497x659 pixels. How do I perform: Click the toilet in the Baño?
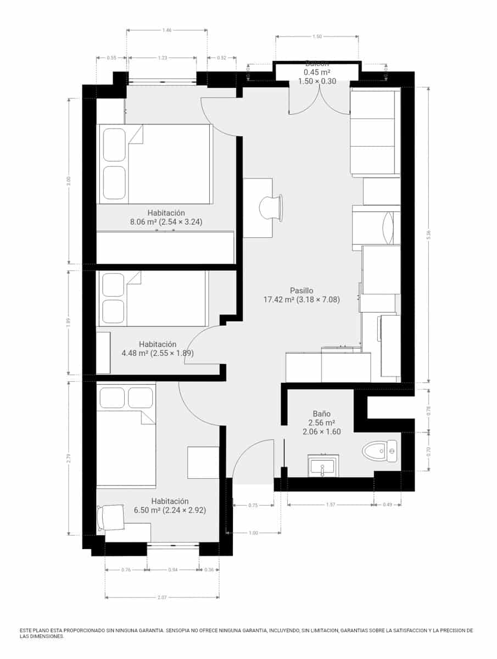[380, 451]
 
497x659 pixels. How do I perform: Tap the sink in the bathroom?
[323, 467]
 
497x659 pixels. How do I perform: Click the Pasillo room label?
[301, 291]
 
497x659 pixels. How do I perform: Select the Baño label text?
[321, 414]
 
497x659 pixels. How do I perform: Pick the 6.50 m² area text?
[147, 510]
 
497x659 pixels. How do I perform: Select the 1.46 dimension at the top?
[167, 31]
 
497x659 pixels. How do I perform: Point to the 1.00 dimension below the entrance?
[253, 533]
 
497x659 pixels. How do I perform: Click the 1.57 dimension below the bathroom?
[331, 505]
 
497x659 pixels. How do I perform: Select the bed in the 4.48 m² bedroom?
[153, 299]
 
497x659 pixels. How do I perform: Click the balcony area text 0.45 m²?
[317, 72]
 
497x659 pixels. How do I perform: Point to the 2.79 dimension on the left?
[69, 457]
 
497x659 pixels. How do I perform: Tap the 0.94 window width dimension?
[172, 570]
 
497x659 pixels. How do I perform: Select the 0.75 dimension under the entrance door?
[253, 505]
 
